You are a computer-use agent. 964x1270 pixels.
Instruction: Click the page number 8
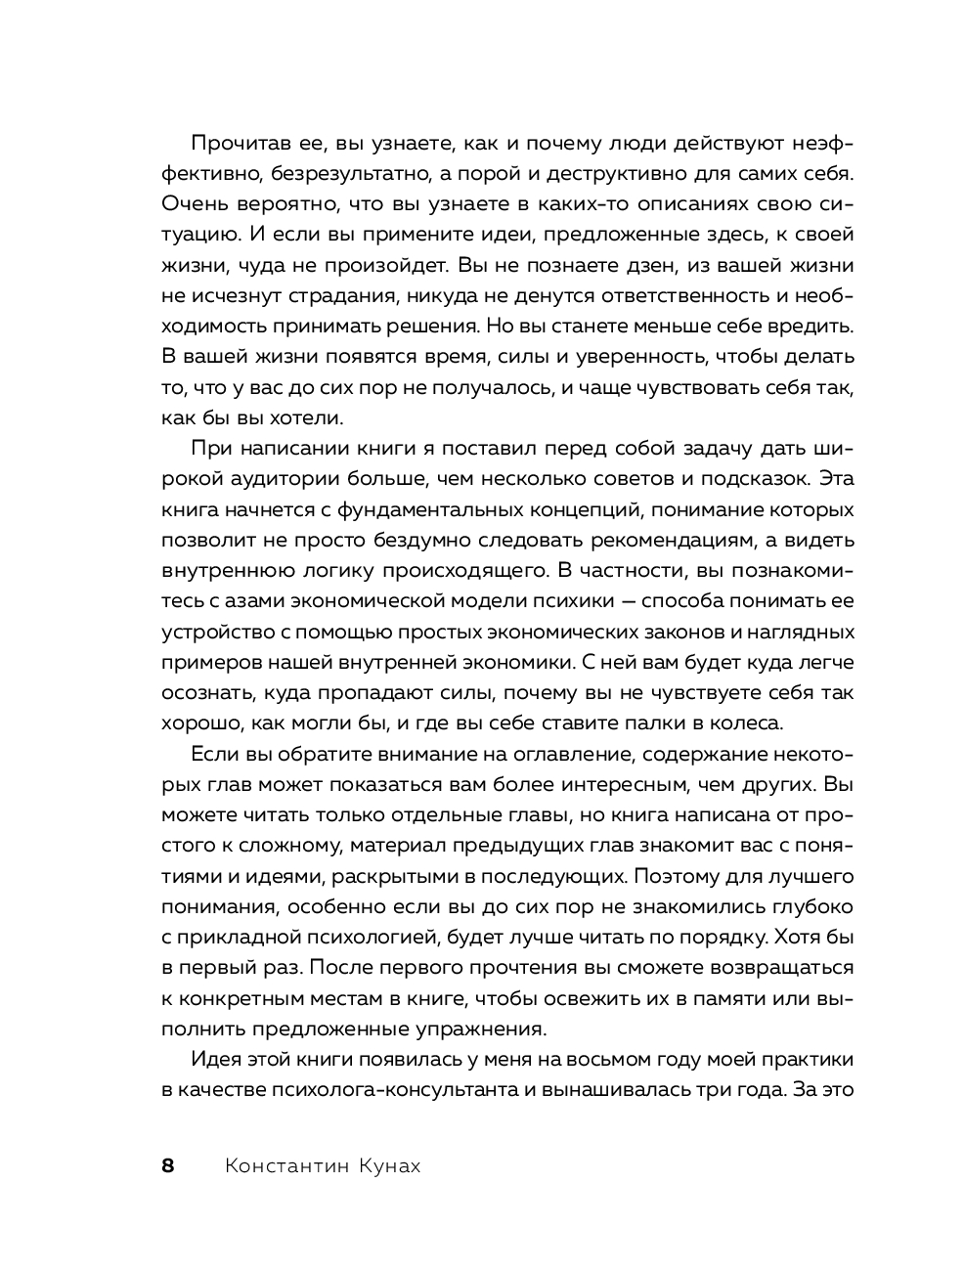pyautogui.click(x=167, y=1165)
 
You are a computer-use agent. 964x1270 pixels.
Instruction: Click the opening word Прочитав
pyautogui.click(x=237, y=144)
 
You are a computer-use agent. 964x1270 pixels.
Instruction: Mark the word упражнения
pyautogui.click(x=492, y=1029)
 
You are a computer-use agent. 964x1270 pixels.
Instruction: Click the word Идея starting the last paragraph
pyautogui.click(x=215, y=1059)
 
